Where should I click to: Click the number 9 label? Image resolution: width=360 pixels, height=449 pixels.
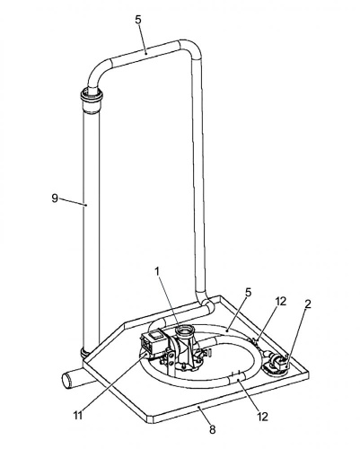tap(55, 198)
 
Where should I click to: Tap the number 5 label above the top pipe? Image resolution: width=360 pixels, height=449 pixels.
tap(138, 20)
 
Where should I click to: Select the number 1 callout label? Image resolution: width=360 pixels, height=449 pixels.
tap(157, 271)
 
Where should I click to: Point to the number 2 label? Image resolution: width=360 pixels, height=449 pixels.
tap(308, 304)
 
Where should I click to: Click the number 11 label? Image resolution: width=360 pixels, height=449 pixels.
tap(78, 415)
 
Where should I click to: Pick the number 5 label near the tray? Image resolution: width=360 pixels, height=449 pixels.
tap(248, 293)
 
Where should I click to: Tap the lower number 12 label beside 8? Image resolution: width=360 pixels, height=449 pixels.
tap(262, 417)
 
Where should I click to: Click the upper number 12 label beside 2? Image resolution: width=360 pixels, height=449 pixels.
tap(281, 301)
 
